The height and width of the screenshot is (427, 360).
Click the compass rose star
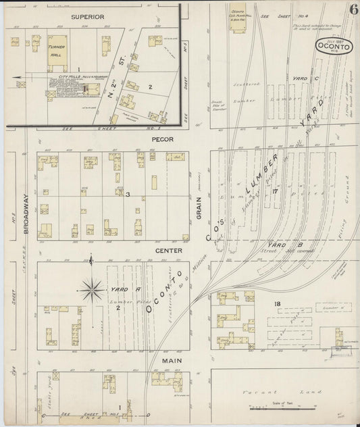click(88, 291)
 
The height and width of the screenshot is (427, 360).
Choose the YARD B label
click(278, 245)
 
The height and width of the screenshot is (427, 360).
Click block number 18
click(277, 305)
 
